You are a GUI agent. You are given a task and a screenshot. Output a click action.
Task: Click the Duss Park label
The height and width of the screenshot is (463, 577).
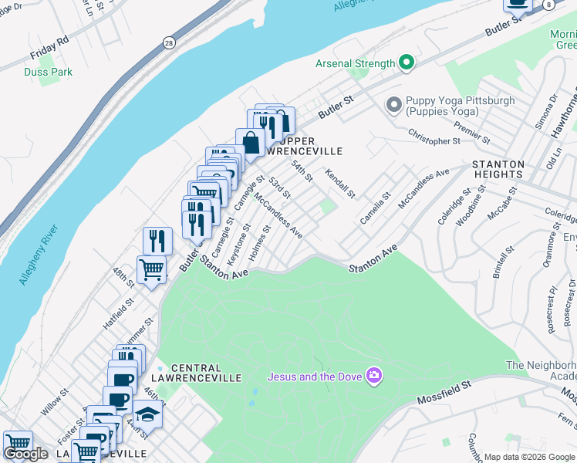pyautogui.click(x=48, y=73)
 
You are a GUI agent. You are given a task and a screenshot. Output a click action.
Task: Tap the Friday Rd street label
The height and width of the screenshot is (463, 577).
pyautogui.click(x=50, y=48)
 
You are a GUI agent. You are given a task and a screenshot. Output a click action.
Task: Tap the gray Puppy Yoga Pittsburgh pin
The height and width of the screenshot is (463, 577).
pyautogui.click(x=394, y=103)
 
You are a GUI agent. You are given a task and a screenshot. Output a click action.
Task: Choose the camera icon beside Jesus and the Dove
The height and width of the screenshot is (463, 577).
pyautogui.click(x=375, y=377)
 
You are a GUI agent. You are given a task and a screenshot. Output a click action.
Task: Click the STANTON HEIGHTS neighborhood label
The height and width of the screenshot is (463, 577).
pyautogui.click(x=498, y=169)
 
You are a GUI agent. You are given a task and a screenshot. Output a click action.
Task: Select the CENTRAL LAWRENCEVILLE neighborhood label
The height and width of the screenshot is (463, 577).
pyautogui.click(x=206, y=373)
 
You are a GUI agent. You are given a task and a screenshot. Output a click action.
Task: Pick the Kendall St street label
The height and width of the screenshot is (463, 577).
pyautogui.click(x=340, y=184)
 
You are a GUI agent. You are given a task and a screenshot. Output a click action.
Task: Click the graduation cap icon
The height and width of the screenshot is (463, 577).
pyautogui.click(x=147, y=414)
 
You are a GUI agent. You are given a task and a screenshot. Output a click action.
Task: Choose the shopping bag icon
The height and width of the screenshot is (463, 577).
pyautogui.click(x=251, y=142)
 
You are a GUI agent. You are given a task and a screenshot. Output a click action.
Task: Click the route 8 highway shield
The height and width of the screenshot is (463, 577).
pyautogui.click(x=547, y=5)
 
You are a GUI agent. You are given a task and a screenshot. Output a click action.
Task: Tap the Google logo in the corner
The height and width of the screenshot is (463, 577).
pyautogui.click(x=25, y=454)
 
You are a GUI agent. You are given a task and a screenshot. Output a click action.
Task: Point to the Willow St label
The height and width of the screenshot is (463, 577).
pyautogui.click(x=54, y=400)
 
